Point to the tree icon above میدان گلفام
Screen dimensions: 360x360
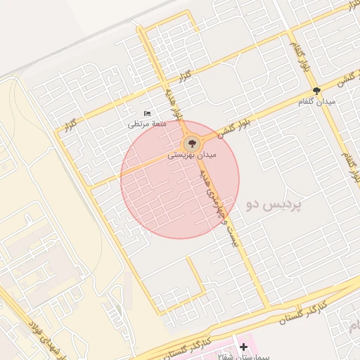tap(317, 91)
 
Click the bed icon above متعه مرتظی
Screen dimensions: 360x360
tap(147, 113)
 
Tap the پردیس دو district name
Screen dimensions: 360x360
tap(274, 205)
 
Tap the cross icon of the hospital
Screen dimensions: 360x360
tap(243, 347)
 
